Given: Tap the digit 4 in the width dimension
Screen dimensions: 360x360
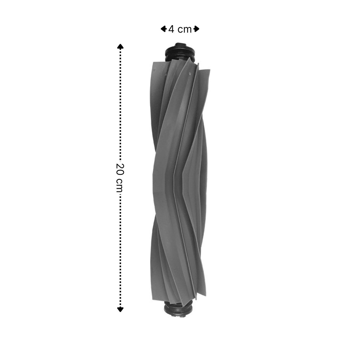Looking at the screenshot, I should [171, 29].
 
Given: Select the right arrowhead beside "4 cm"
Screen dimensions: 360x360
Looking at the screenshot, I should [196, 29].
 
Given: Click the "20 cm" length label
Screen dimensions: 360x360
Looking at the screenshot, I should [120, 177].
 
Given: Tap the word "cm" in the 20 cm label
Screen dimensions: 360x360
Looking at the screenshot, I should [120, 185].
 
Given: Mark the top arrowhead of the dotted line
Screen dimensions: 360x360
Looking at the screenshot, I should [120, 47].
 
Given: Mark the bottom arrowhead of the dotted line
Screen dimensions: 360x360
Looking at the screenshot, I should [120, 309].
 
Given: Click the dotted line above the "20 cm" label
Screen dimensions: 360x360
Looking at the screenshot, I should [120, 104].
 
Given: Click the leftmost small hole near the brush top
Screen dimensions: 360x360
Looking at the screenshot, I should [154, 69].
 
